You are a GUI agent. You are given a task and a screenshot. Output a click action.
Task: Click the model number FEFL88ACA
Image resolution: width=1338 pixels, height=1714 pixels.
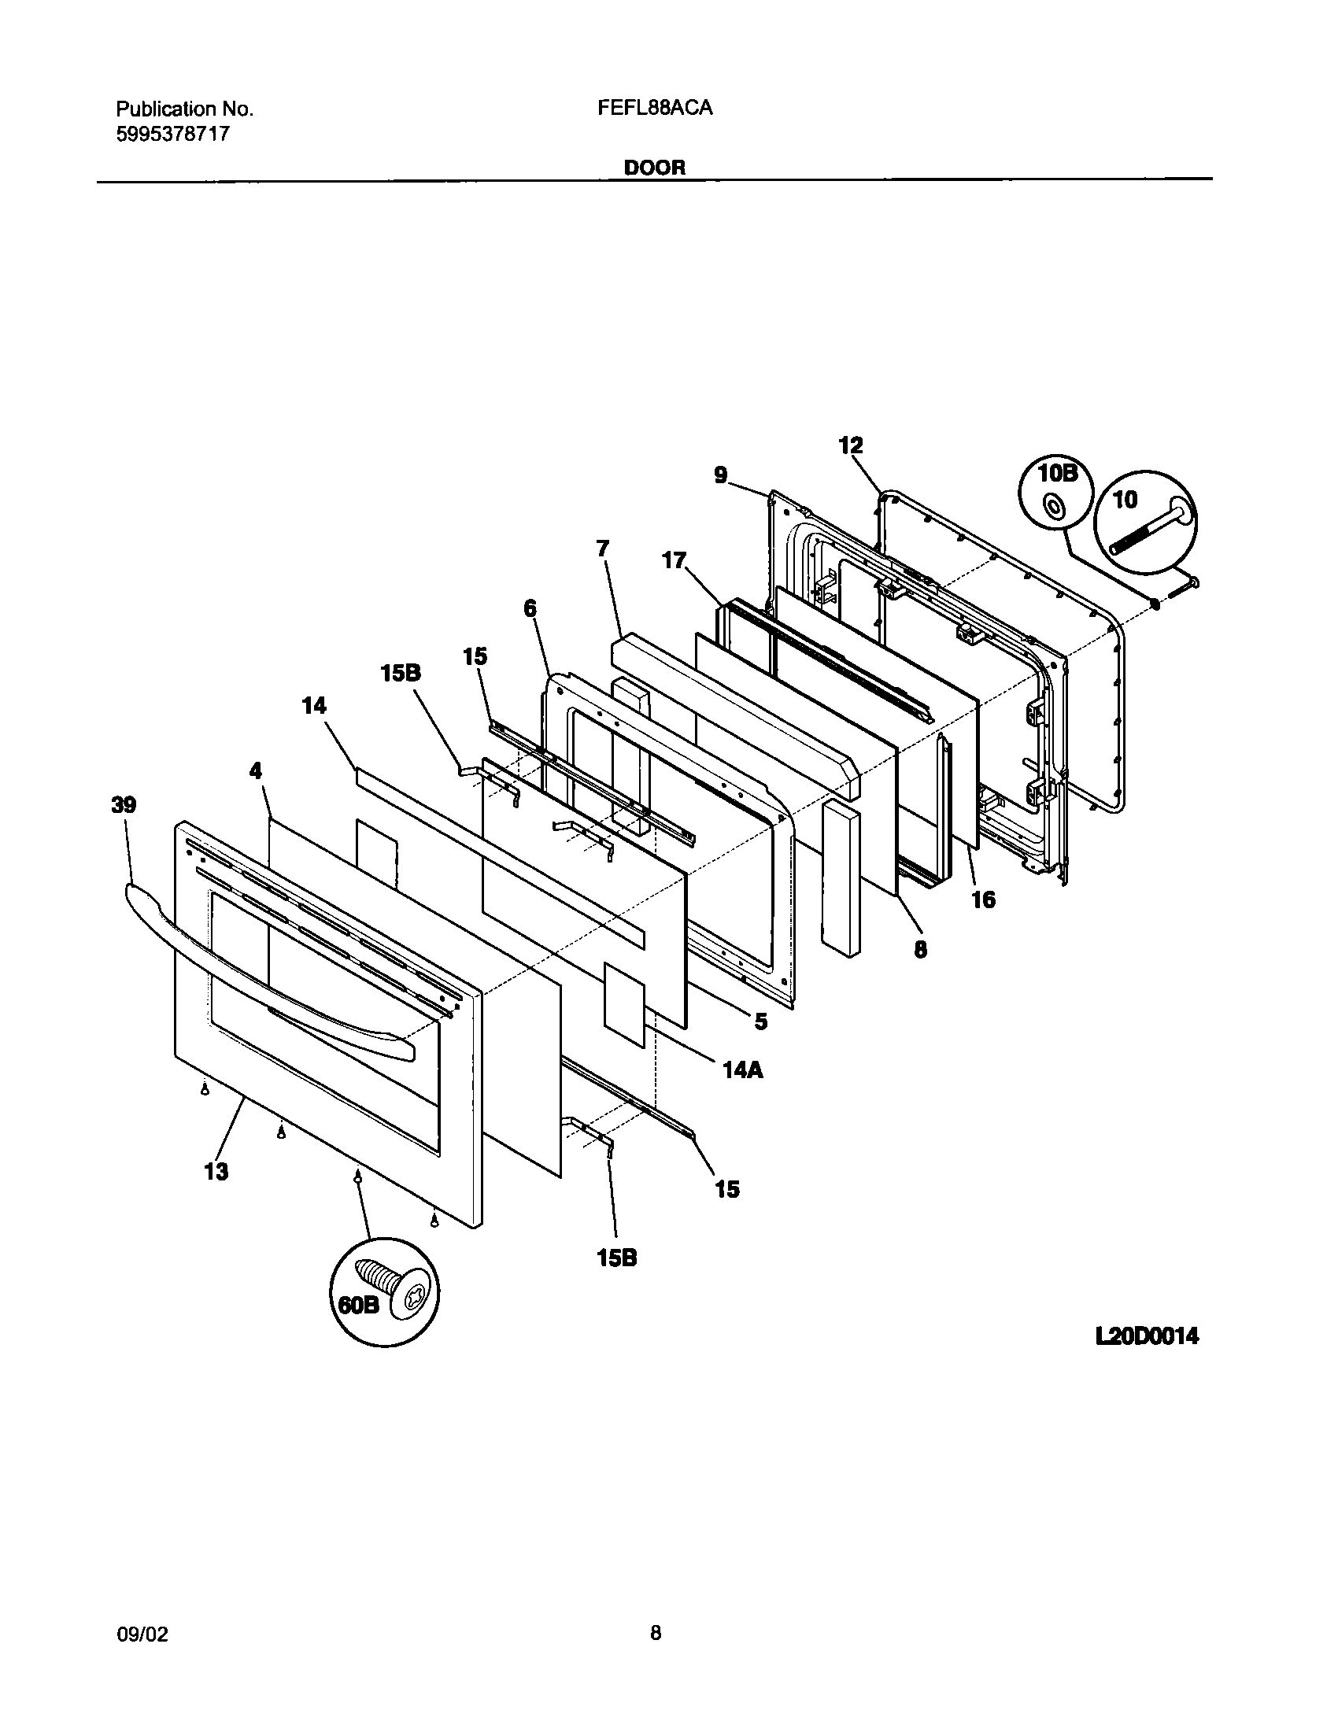pyautogui.click(x=655, y=109)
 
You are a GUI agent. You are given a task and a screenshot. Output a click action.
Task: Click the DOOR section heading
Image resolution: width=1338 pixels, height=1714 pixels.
pyautogui.click(x=655, y=168)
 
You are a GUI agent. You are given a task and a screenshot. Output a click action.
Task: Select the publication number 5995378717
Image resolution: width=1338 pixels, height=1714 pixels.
pyautogui.click(x=173, y=134)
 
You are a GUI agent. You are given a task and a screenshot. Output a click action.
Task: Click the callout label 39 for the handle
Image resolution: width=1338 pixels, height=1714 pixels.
pyautogui.click(x=124, y=805)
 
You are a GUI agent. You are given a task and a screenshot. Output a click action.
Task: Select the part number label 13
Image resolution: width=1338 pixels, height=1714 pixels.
pyautogui.click(x=216, y=1171)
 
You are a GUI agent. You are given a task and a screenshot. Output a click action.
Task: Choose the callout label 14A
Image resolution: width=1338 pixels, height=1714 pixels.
pyautogui.click(x=743, y=1069)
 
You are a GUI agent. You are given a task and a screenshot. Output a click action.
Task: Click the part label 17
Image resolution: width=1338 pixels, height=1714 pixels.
pyautogui.click(x=674, y=560)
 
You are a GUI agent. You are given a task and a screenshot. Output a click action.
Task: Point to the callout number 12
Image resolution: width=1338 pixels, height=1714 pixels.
pyautogui.click(x=851, y=445)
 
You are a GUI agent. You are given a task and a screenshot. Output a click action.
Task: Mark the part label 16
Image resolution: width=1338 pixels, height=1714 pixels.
pyautogui.click(x=983, y=899)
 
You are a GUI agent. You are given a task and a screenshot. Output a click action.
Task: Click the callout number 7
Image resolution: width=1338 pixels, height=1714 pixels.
pyautogui.click(x=603, y=548)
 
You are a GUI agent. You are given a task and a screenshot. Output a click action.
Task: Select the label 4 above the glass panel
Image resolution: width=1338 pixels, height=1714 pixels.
pyautogui.click(x=256, y=770)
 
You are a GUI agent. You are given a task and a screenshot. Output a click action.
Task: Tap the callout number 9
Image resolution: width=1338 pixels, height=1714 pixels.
pyautogui.click(x=721, y=475)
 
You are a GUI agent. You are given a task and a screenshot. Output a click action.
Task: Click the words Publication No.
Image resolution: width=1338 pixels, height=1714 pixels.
pyautogui.click(x=185, y=109)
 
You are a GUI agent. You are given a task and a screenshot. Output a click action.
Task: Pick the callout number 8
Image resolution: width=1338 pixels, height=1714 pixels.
pyautogui.click(x=920, y=949)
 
